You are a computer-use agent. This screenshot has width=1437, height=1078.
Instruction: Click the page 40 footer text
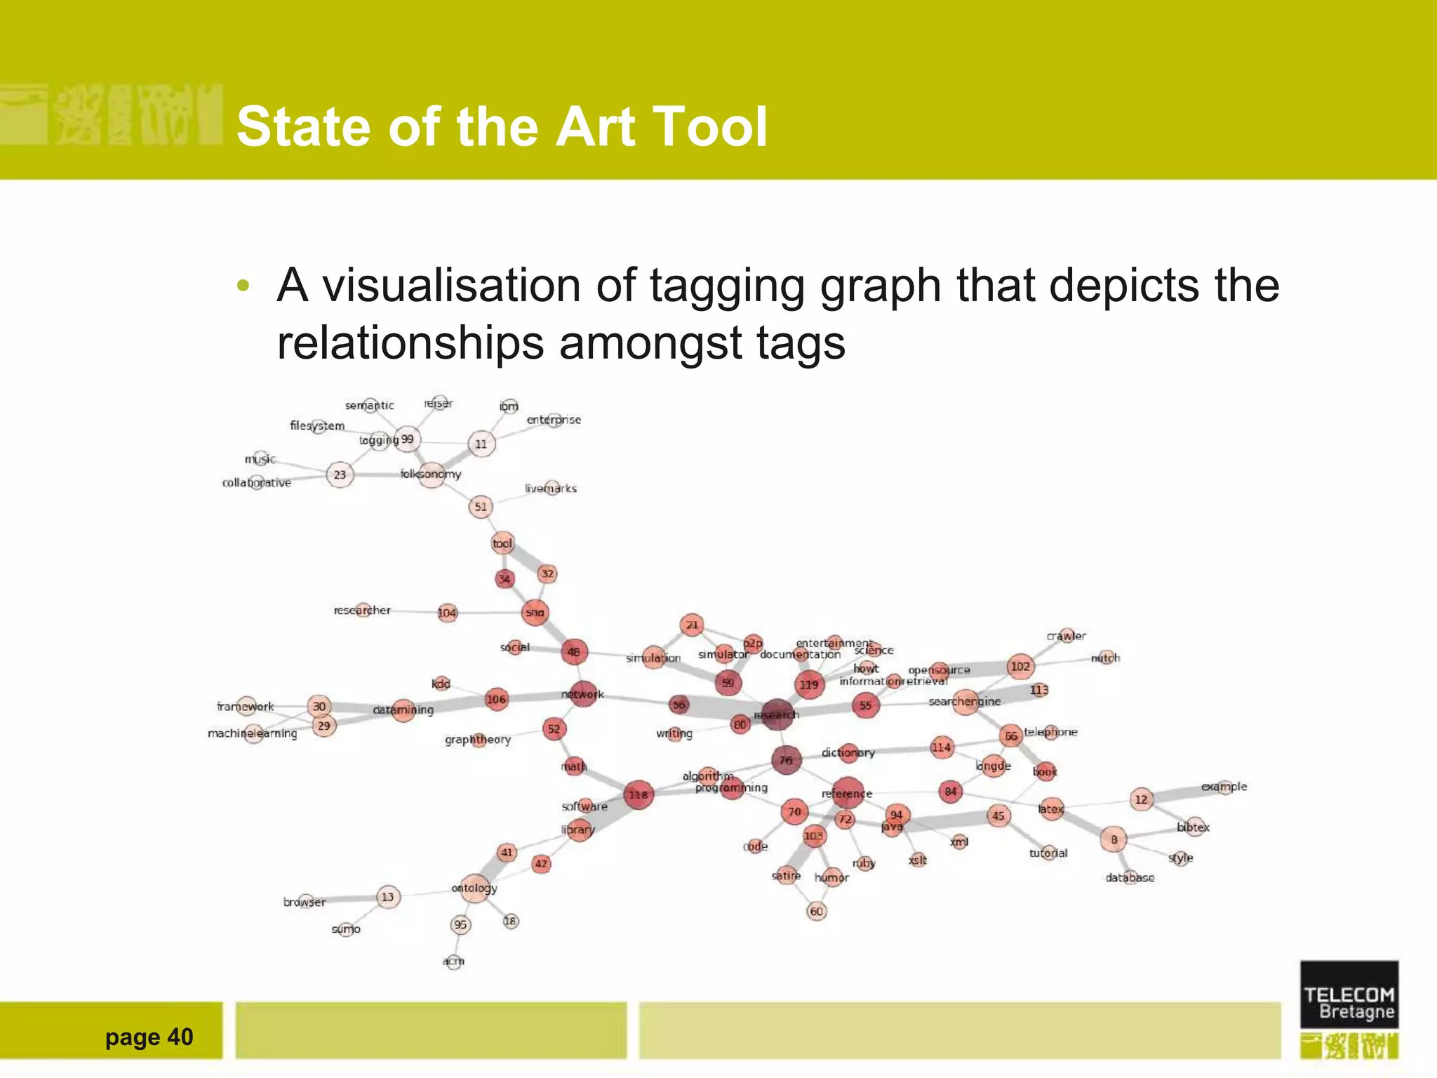[x=149, y=1037]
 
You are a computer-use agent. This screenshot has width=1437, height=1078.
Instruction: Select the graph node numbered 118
[x=638, y=794]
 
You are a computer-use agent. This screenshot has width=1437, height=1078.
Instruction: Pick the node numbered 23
[x=340, y=474]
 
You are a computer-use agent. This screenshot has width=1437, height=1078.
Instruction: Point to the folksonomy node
[x=431, y=474]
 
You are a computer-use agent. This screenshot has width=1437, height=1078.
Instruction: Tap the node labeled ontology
[x=475, y=889]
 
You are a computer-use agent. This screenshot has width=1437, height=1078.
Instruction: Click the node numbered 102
[x=1020, y=666]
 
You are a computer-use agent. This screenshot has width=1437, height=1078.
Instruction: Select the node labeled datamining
[x=403, y=710]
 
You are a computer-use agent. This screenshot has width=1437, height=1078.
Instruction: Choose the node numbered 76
[x=786, y=760]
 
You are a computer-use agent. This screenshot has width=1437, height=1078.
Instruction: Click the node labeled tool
[x=502, y=543]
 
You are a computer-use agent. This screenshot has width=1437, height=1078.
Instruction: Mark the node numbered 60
[x=817, y=911]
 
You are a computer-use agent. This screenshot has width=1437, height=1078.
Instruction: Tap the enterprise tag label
[x=554, y=420]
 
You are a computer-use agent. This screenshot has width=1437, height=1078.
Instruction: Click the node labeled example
[x=1224, y=787]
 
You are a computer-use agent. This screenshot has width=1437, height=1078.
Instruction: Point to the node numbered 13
[x=388, y=897]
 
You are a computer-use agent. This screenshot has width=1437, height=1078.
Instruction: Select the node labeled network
[x=583, y=694]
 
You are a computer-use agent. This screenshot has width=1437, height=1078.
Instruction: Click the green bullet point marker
[x=243, y=286]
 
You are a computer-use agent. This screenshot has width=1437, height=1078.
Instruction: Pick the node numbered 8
[x=1114, y=839]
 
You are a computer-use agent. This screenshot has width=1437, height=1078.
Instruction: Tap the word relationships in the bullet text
[x=410, y=343]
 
